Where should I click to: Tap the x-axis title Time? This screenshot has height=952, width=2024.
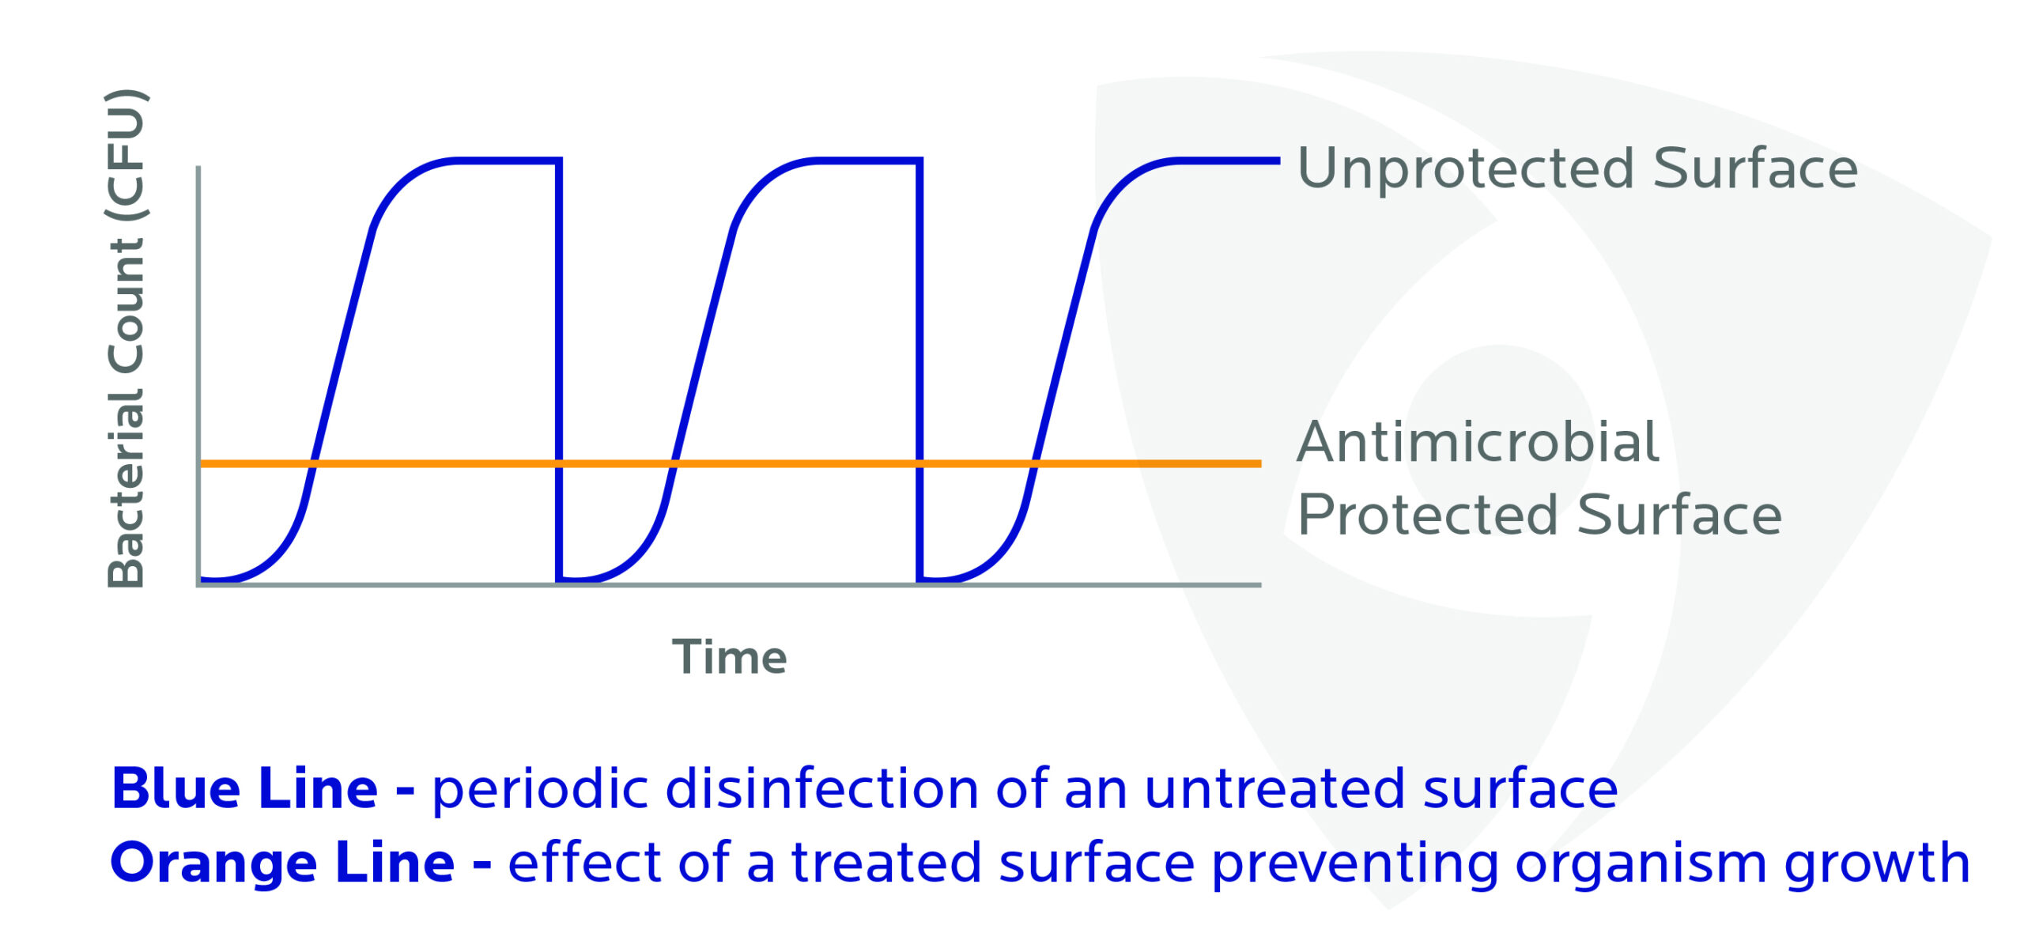click(729, 657)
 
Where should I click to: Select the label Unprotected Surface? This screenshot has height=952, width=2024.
click(1577, 168)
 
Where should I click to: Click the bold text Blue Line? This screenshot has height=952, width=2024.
click(245, 788)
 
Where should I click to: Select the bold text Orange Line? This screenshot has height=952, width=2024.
click(283, 862)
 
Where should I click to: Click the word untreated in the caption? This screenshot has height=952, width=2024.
click(1274, 789)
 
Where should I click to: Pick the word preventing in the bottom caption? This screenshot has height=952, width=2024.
click(1355, 863)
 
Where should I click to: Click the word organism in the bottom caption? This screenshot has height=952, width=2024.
click(1641, 863)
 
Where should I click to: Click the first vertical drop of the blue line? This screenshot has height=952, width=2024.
click(559, 370)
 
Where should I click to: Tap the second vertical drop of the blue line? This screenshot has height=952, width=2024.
click(919, 370)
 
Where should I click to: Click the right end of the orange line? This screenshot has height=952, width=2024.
click(1259, 463)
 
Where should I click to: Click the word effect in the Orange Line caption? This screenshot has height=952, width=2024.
click(585, 862)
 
